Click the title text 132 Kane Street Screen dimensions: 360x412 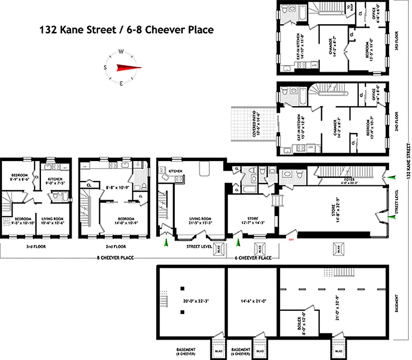tap(72, 30)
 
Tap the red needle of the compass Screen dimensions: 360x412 tap(129, 67)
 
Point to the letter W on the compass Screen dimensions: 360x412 tap(121, 51)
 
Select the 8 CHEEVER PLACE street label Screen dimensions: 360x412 tap(116, 258)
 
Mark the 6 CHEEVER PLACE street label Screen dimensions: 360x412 tap(253, 258)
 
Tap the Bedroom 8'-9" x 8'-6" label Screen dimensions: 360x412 tap(20, 177)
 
